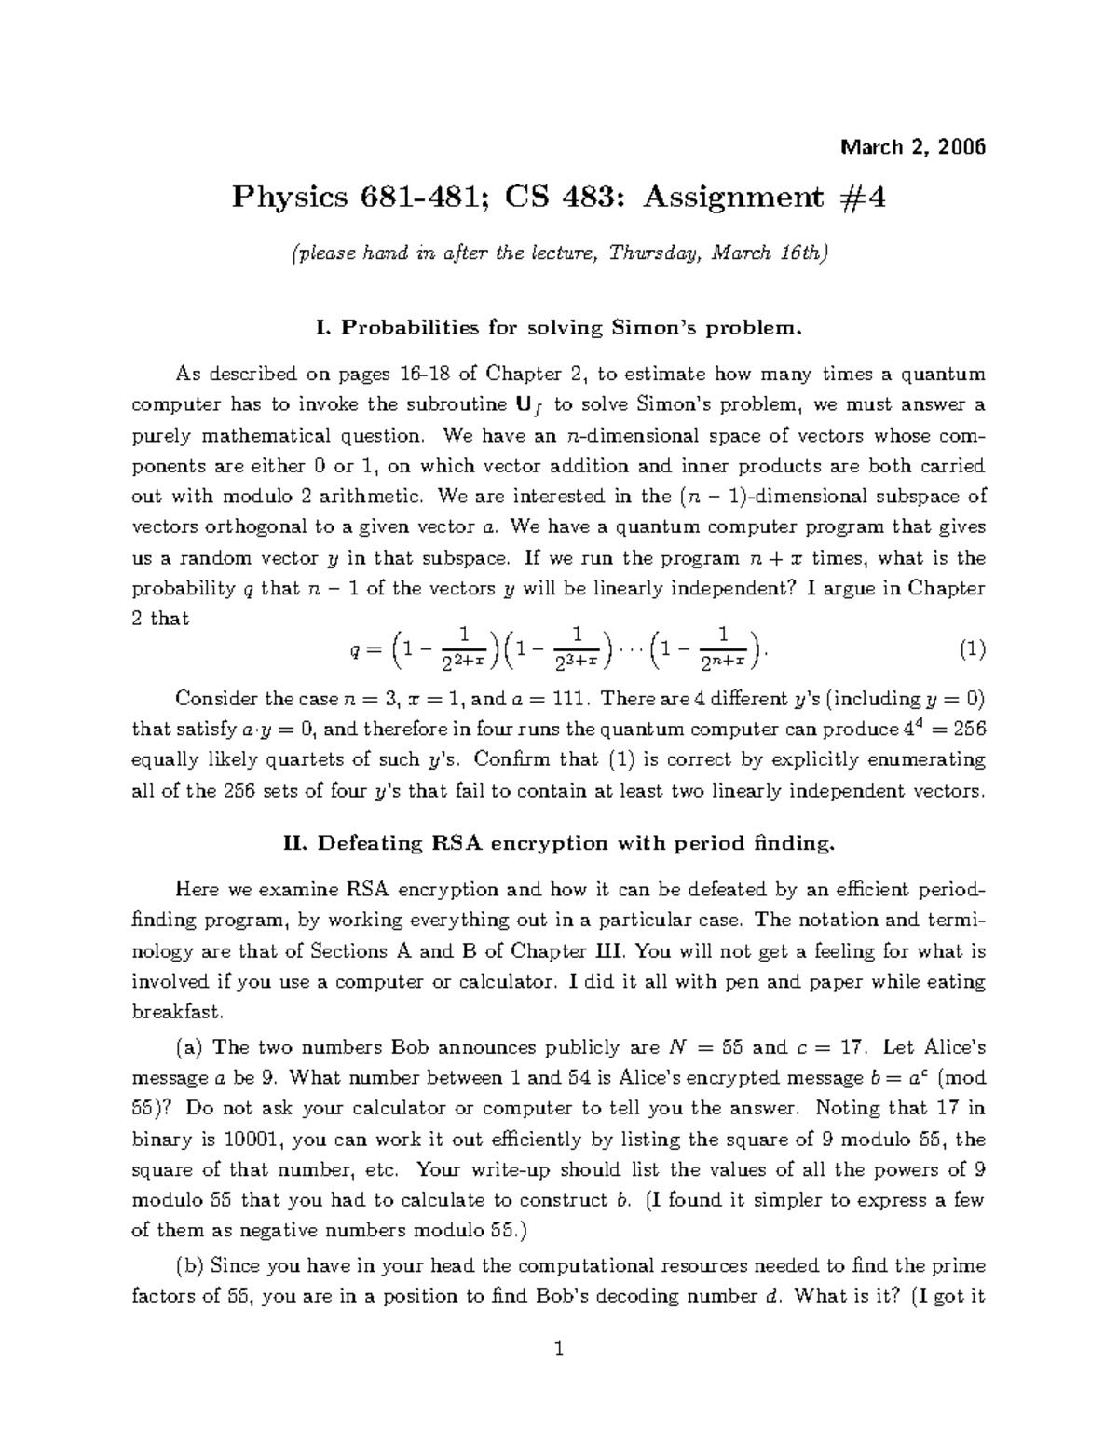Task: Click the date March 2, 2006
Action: point(913,147)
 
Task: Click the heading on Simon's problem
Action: point(558,328)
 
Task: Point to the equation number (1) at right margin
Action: point(972,650)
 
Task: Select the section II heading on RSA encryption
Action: point(558,844)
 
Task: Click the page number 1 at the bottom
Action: point(558,1348)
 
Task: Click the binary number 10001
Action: point(265,1139)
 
